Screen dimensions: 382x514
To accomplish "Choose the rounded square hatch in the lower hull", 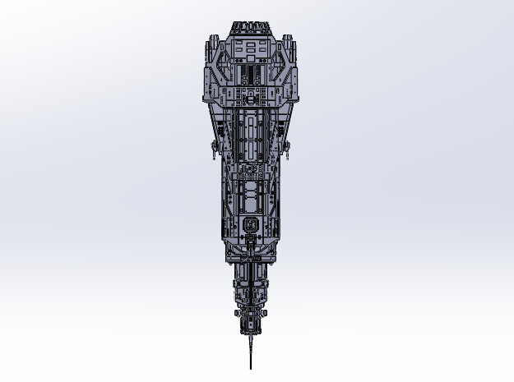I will tap(251, 224).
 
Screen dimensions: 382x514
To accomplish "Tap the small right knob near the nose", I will tap(262, 313).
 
